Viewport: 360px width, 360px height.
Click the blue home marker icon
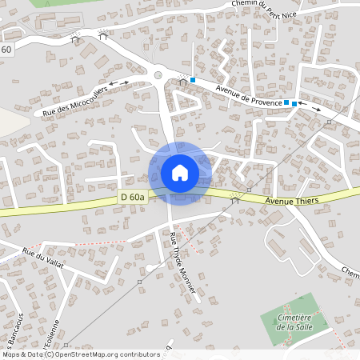tap(180, 173)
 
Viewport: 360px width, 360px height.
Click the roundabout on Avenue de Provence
tap(158, 76)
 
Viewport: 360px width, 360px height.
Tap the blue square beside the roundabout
tap(193, 78)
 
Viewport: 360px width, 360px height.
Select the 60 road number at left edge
tap(6, 50)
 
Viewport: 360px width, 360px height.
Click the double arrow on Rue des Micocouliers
tap(118, 82)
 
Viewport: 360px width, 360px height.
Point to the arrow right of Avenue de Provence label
tap(312, 106)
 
